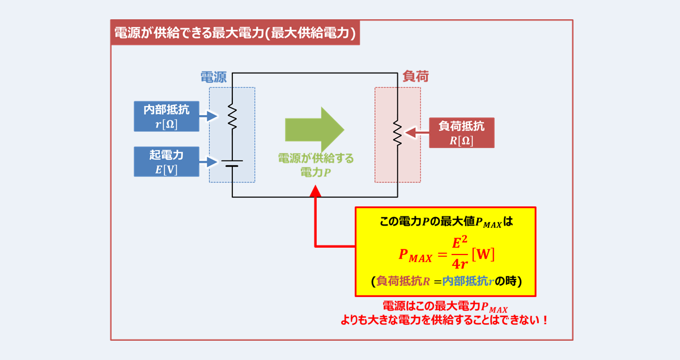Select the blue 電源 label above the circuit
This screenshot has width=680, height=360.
pos(214,78)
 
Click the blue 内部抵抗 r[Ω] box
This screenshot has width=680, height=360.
pos(167,116)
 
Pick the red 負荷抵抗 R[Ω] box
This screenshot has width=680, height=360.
pos(461,133)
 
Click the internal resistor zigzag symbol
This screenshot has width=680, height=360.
pos(232,116)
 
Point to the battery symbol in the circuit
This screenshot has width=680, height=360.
pos(232,163)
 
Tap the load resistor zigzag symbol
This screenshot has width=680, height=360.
pos(398,133)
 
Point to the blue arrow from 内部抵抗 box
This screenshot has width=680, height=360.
pos(209,116)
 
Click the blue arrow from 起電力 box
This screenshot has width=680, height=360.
pos(209,162)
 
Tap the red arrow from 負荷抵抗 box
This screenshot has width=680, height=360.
pos(418,133)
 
